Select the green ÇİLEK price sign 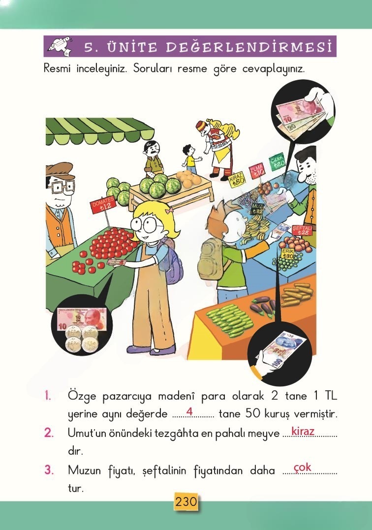[277, 161]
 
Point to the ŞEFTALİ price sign [302, 230]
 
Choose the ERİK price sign [288, 254]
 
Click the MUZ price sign [258, 208]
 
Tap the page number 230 [186, 502]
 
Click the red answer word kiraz [303, 432]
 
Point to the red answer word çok [302, 467]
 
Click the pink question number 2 [49, 433]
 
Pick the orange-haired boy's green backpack [211, 259]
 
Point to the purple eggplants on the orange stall [263, 307]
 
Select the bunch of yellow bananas [254, 227]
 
